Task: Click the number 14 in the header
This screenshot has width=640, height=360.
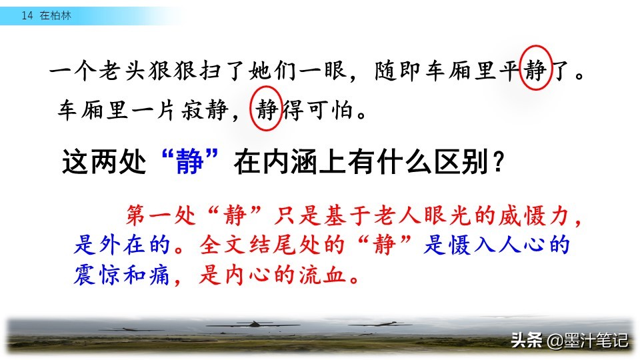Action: click(27, 15)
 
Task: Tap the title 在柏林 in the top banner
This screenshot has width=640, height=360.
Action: click(55, 15)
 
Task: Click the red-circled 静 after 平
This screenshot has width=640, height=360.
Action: click(535, 70)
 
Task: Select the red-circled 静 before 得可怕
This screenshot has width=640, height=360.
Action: click(267, 109)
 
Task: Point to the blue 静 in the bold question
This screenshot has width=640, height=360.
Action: click(190, 161)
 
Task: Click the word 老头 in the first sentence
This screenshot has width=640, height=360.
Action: click(122, 70)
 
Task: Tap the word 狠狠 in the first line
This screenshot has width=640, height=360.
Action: click(172, 70)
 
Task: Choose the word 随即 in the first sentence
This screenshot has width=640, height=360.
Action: click(397, 70)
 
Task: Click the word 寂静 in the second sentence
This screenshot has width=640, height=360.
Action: click(205, 109)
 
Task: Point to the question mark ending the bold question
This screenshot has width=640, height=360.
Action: click(499, 162)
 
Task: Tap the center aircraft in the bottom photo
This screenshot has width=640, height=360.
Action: click(254, 325)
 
